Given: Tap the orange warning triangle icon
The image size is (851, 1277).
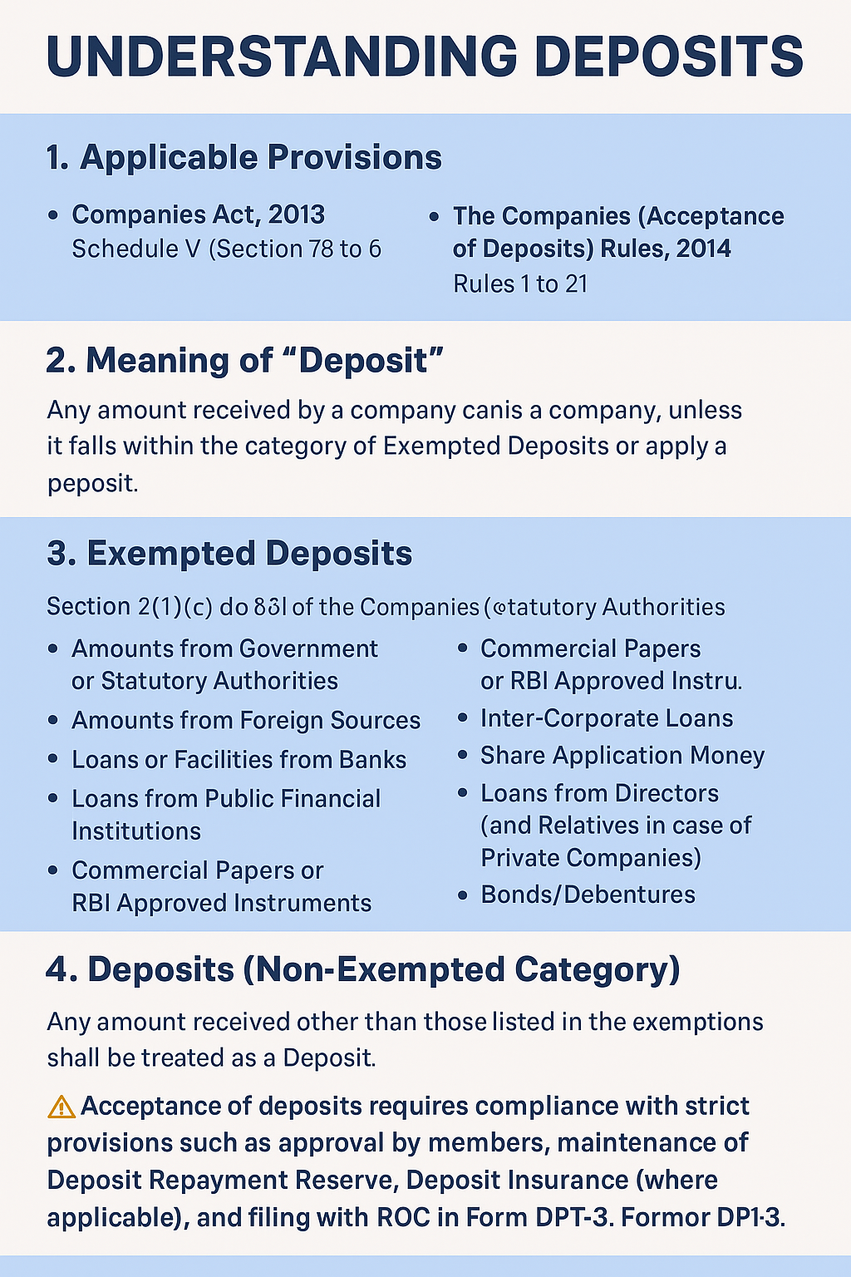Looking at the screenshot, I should (x=61, y=1107).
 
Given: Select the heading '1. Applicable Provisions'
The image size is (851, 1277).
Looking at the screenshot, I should (x=243, y=157).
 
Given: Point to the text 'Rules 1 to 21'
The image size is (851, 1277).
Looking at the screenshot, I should (x=520, y=284).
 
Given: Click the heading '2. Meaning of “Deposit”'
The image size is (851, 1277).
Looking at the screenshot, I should (x=244, y=360).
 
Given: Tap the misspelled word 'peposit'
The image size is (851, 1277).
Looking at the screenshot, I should (x=91, y=483).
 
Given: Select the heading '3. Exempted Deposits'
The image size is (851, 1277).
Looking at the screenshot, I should (x=229, y=554).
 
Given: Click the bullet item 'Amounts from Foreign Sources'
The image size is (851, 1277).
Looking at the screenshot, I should (x=246, y=720).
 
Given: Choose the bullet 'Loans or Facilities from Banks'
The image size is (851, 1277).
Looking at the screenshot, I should (x=239, y=760).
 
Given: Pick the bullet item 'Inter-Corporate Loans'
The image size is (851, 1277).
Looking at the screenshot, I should (x=607, y=718).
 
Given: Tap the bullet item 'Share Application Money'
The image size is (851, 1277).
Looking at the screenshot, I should (x=622, y=756).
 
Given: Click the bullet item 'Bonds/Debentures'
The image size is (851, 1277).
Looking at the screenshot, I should (x=588, y=895).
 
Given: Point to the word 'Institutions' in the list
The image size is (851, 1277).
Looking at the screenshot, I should (x=136, y=831).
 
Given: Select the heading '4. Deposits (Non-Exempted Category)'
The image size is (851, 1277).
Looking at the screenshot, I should (x=362, y=969).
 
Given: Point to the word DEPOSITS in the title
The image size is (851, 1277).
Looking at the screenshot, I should (x=669, y=57).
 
